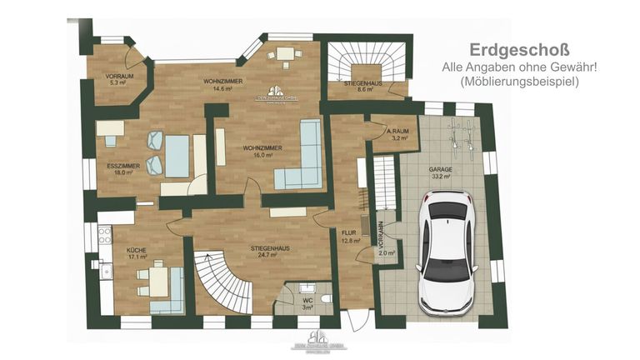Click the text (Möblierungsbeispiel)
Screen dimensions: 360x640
(518, 82)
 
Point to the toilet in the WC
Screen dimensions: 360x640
(325, 297)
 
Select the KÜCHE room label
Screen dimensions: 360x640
(136, 249)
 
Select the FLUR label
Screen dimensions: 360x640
(350, 232)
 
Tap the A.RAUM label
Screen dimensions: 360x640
(396, 132)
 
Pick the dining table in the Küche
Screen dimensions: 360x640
(158, 281)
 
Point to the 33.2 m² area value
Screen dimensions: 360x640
(441, 176)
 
